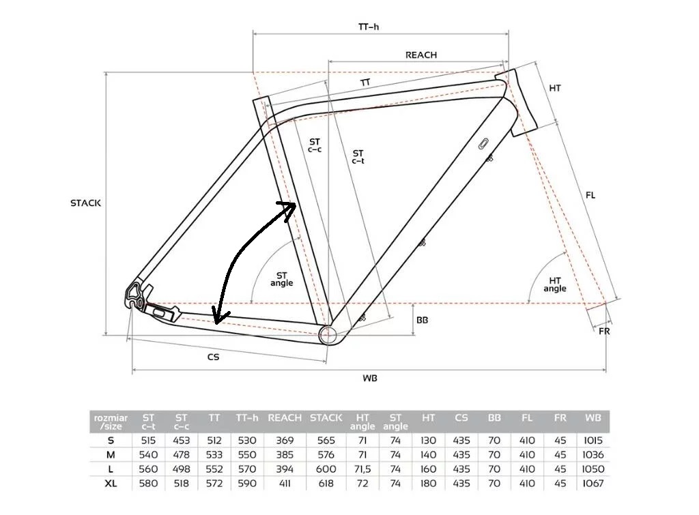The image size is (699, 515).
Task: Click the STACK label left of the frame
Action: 85,203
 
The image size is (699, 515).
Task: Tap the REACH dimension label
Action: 420,55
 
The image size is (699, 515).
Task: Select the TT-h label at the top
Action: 369,27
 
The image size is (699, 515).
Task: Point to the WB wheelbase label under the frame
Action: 369,378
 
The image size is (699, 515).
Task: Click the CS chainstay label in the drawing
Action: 213,357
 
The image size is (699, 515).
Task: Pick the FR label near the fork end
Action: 604,332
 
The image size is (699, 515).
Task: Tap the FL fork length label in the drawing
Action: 590,195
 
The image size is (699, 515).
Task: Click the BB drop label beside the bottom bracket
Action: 422,320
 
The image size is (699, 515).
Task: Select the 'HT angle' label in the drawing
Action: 554,284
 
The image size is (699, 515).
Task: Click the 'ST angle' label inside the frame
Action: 282,279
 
